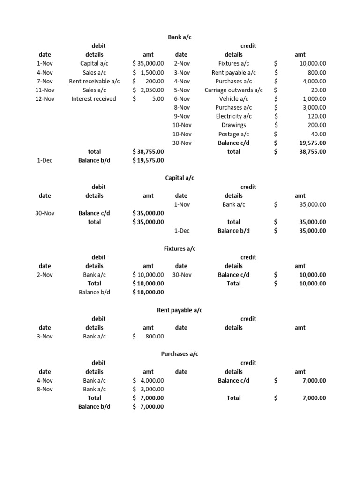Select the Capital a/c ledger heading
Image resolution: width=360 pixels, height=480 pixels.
(180, 178)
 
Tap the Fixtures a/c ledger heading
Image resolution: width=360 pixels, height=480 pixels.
(180, 248)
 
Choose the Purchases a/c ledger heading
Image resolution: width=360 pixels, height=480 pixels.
(180, 354)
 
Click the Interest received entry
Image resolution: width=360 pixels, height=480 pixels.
(94, 99)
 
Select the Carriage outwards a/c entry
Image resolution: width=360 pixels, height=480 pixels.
(233, 90)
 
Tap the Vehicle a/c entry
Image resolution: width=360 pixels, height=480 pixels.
(233, 99)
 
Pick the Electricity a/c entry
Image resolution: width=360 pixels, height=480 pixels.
(233, 116)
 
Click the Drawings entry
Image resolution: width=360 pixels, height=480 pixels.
(233, 125)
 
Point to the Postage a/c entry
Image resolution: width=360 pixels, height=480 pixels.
(233, 134)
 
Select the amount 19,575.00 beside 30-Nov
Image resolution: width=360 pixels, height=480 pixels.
(313, 143)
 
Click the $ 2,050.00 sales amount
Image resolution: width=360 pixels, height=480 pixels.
(148, 90)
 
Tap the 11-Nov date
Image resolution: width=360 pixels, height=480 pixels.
(45, 90)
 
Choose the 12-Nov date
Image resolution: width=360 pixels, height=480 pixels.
(45, 99)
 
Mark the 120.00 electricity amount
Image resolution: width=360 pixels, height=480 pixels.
(316, 116)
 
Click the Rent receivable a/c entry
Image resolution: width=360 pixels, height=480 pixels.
(94, 81)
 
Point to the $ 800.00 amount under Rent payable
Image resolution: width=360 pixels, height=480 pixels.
(148, 336)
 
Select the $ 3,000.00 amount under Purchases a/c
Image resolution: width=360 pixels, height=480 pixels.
(148, 389)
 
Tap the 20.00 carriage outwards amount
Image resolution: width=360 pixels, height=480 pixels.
(318, 90)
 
